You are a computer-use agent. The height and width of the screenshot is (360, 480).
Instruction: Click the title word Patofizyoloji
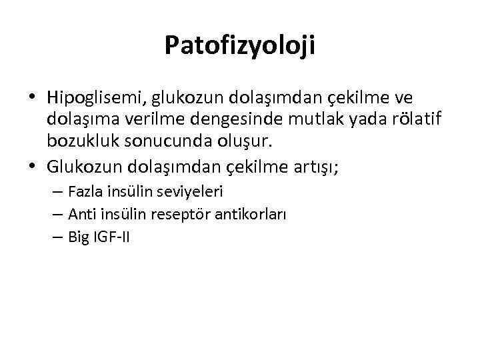(240, 45)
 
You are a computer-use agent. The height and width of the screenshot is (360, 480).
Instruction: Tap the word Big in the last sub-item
(77, 237)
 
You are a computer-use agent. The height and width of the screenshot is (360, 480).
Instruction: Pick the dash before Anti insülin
(57, 215)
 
